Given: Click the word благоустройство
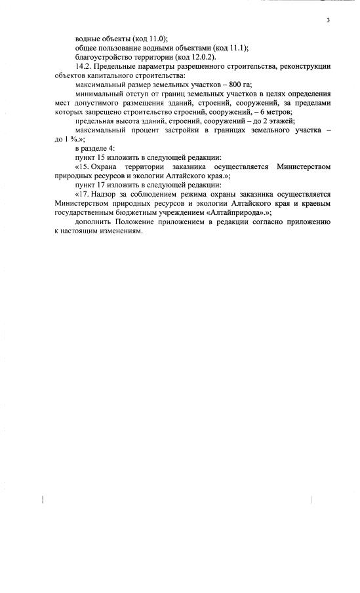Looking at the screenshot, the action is pyautogui.click(x=102, y=58).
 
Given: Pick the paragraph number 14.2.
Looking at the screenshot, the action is pyautogui.click(x=86, y=67).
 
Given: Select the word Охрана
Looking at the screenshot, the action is pyautogui.click(x=108, y=167).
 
